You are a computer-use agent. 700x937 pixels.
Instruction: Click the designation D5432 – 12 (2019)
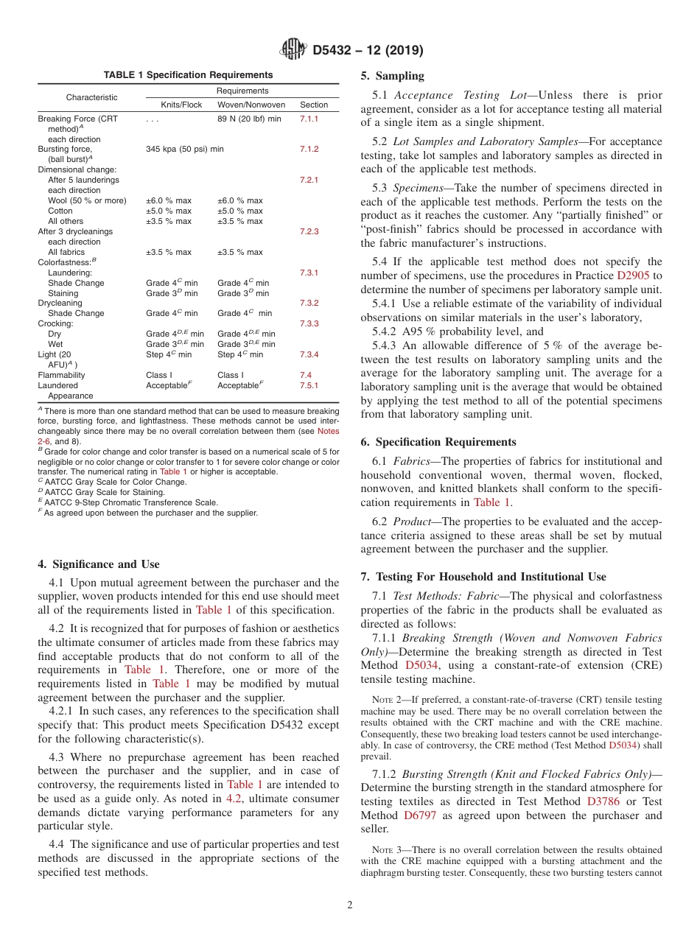[x=367, y=51]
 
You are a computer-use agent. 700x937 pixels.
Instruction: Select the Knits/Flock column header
[x=181, y=105]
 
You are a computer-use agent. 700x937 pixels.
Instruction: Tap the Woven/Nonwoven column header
[x=251, y=105]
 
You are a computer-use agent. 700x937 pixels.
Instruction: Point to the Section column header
[x=314, y=105]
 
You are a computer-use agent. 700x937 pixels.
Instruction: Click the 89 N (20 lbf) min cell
[x=249, y=119]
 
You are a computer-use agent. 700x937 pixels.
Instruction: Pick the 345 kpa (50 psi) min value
[x=185, y=150]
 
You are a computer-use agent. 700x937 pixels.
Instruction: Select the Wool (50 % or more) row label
[x=87, y=201]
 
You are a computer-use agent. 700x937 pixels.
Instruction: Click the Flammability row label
[x=61, y=376]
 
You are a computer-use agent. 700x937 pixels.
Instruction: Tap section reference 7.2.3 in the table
[x=309, y=232]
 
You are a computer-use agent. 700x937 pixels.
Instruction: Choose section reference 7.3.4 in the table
[x=309, y=355]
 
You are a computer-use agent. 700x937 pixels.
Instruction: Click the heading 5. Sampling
[x=392, y=76]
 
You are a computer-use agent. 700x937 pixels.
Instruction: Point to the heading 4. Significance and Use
[x=98, y=565]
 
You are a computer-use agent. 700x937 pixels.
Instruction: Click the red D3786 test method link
[x=603, y=801]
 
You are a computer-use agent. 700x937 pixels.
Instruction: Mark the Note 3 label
[x=384, y=850]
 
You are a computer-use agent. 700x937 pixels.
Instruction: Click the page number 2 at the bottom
[x=350, y=905]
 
